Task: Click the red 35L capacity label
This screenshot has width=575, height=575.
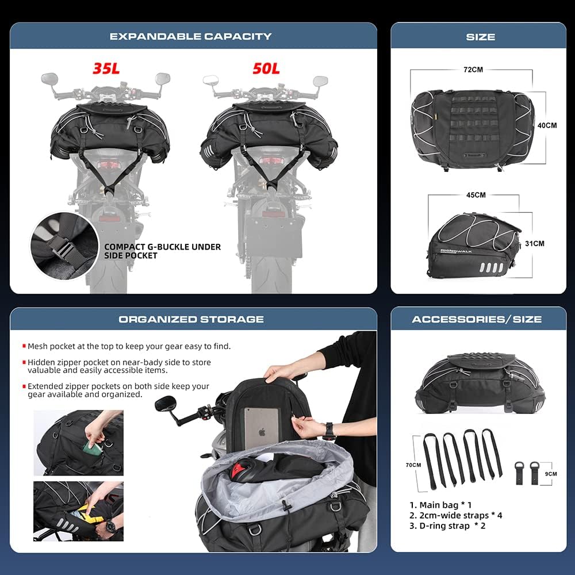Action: (x=106, y=68)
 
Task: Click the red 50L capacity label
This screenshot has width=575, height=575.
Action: (x=266, y=68)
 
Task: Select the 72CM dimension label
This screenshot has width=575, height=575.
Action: (x=473, y=69)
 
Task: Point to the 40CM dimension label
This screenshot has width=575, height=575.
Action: (x=547, y=125)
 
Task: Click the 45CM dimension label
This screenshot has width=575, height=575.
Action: (x=476, y=195)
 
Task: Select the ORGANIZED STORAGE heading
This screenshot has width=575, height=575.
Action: (x=191, y=319)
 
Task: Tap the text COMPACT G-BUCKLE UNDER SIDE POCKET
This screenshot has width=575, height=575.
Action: (x=162, y=251)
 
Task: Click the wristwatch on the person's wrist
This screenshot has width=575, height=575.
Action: (x=329, y=431)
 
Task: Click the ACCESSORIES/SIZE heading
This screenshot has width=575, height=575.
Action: (x=477, y=319)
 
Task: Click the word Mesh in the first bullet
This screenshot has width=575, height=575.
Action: (x=38, y=346)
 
